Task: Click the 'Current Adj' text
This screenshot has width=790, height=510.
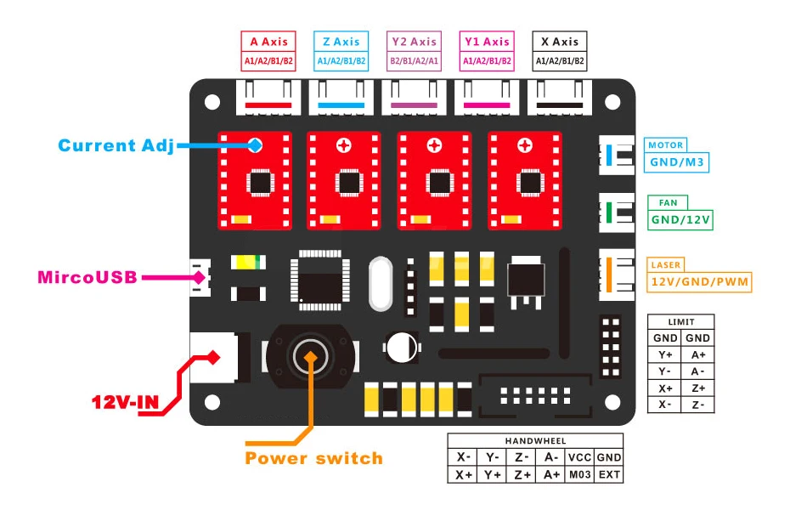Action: (x=116, y=145)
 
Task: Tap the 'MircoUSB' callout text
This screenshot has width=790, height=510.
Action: (x=87, y=277)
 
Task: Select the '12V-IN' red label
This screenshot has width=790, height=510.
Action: (x=125, y=402)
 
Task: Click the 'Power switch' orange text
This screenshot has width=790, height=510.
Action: (x=314, y=458)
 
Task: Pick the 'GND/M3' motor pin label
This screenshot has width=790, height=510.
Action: (x=677, y=162)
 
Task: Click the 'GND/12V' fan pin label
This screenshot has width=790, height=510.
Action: (x=680, y=219)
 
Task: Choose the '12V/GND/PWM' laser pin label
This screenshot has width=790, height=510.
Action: (x=699, y=281)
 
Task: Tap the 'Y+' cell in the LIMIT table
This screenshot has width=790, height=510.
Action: (x=665, y=354)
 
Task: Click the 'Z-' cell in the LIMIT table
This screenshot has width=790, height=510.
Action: (x=697, y=405)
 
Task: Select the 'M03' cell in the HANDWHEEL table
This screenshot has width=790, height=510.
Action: (x=579, y=474)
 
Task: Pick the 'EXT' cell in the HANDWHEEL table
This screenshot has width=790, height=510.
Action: (x=609, y=474)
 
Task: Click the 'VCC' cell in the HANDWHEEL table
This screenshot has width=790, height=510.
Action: (x=579, y=457)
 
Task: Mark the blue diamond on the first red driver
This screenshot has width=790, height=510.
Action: (x=256, y=145)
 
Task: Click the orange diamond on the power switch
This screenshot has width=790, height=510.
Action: (x=311, y=357)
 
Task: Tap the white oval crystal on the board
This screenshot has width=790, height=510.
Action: (x=381, y=283)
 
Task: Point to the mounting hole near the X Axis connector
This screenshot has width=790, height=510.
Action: (x=612, y=102)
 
